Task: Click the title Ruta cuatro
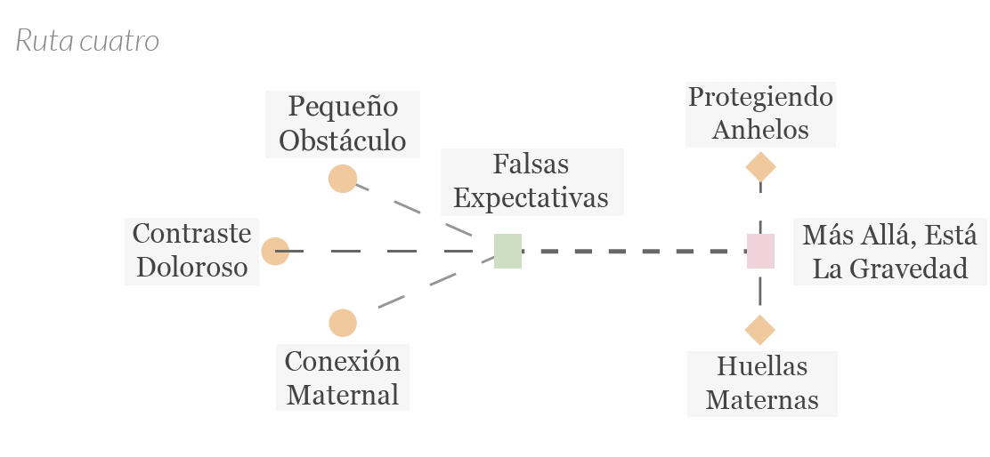click(x=87, y=41)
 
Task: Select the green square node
click(x=507, y=251)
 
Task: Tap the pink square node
click(x=760, y=251)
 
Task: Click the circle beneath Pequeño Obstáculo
click(x=343, y=179)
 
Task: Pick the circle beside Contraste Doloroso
click(x=275, y=252)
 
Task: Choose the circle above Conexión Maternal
click(x=343, y=324)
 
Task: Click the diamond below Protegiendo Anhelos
click(x=760, y=167)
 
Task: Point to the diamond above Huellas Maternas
click(x=760, y=330)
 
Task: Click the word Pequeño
click(x=343, y=108)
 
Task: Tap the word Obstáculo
click(x=342, y=140)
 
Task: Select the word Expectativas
click(x=531, y=198)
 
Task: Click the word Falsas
click(x=531, y=164)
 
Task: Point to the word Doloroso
click(x=192, y=268)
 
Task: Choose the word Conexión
click(x=342, y=362)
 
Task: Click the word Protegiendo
click(x=760, y=98)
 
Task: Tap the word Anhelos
click(x=760, y=130)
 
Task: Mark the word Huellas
click(x=762, y=366)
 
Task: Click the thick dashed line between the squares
click(x=635, y=252)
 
